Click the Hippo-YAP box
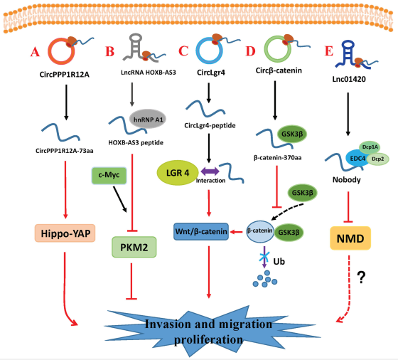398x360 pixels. tap(65, 233)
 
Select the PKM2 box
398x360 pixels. tap(134, 247)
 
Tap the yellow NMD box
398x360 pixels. tap(350, 238)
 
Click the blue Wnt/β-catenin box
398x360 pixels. tap(201, 231)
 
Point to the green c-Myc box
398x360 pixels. tap(109, 175)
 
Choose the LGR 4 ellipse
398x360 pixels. tap(178, 173)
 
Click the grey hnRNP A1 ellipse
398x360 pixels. tap(148, 119)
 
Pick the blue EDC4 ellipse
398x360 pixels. tap(357, 159)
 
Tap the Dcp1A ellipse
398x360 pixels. tap(370, 147)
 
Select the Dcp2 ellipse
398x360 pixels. tap(377, 159)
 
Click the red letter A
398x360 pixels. tap(35, 52)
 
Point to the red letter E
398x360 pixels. tap(329, 51)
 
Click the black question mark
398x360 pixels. tap(361, 277)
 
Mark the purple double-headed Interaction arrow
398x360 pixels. tap(210, 171)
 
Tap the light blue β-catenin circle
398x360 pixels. tap(260, 231)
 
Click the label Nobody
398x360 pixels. tap(347, 179)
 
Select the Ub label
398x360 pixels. tap(279, 261)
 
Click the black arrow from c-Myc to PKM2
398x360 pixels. tap(120, 199)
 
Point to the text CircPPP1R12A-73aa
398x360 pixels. tap(65, 151)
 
